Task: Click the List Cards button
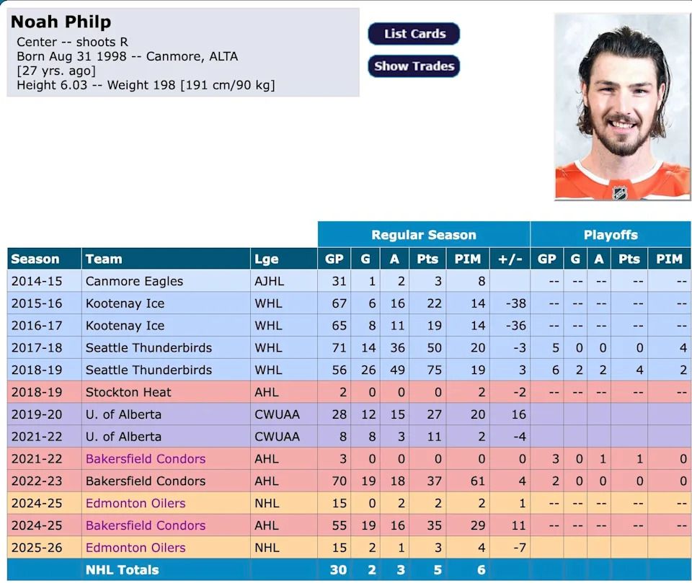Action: click(x=414, y=34)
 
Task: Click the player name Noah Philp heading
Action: click(x=61, y=22)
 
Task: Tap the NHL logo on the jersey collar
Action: click(x=619, y=192)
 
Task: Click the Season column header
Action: click(x=35, y=259)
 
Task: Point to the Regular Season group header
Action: click(x=423, y=235)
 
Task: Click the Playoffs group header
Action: click(x=611, y=235)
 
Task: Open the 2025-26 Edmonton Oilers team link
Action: click(x=136, y=548)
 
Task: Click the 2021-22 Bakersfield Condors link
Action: click(x=146, y=459)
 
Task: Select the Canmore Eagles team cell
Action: click(x=134, y=281)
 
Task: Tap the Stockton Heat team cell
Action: click(x=128, y=392)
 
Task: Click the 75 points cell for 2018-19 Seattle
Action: click(x=427, y=370)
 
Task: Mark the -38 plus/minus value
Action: click(x=515, y=303)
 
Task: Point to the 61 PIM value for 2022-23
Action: click(x=477, y=481)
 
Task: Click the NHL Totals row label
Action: click(x=122, y=570)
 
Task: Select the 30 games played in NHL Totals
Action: click(x=338, y=570)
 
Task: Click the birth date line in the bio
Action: click(x=127, y=56)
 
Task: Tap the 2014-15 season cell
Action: click(x=37, y=281)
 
